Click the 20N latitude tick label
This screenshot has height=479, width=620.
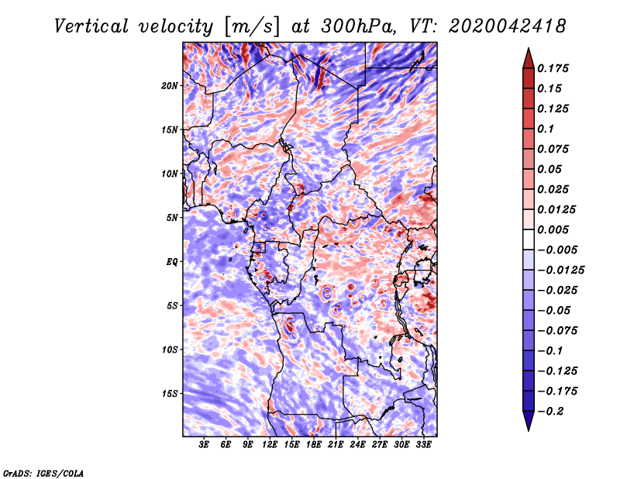tap(169, 86)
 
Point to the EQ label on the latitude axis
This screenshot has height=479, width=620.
tap(172, 262)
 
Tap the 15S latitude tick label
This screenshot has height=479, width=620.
tap(169, 394)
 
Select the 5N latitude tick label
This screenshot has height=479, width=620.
tap(172, 218)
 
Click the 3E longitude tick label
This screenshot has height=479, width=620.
tap(203, 445)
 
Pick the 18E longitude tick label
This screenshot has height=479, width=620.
tap(314, 445)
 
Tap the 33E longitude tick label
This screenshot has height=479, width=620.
tap(423, 445)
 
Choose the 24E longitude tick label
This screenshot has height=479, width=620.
tap(357, 445)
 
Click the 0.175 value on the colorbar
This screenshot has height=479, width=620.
tap(553, 68)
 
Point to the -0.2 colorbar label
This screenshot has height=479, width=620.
tap(551, 412)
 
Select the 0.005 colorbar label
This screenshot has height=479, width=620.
tap(553, 229)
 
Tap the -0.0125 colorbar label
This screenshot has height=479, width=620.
tap(560, 271)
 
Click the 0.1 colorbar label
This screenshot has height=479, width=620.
tap(546, 129)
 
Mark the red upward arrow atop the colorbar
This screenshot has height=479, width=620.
tap(529, 58)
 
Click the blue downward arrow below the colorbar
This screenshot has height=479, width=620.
tap(529, 421)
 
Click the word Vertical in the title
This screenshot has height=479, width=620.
tap(91, 26)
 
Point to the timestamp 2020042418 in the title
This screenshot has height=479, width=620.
tap(507, 26)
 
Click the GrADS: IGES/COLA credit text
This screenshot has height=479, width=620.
tap(43, 474)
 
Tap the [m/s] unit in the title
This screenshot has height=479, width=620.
tap(253, 26)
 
